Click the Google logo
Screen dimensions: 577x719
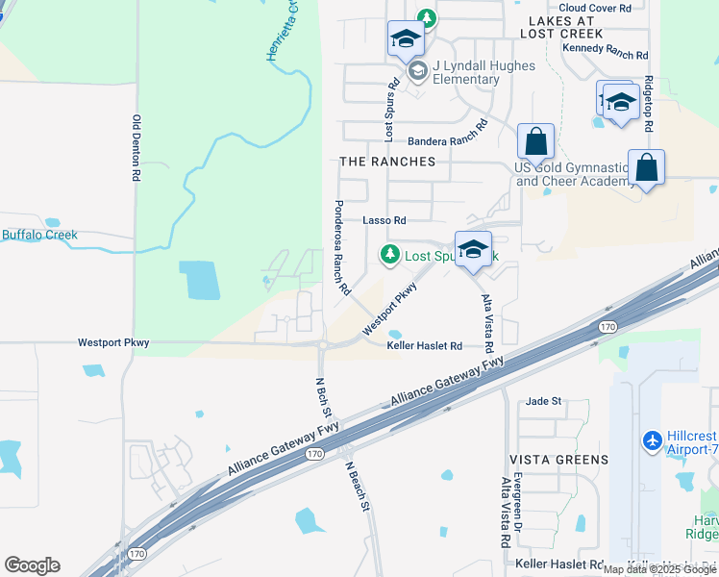click(x=32, y=565)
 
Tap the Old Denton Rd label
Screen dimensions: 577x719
click(x=136, y=149)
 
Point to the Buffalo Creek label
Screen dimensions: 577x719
click(x=39, y=235)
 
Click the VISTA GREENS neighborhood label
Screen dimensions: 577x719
click(x=558, y=460)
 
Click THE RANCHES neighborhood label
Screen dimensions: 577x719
click(x=387, y=162)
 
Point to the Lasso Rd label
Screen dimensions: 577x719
click(x=384, y=220)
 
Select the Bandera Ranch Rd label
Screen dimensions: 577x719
click(x=442, y=139)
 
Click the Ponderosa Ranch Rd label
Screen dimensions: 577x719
click(x=338, y=247)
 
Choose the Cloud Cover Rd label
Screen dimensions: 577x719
click(x=595, y=8)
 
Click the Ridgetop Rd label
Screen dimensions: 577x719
click(x=650, y=104)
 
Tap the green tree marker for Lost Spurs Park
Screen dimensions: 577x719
click(x=389, y=254)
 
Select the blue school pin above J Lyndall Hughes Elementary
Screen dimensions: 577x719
click(x=406, y=40)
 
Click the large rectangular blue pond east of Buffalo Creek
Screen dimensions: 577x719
click(x=199, y=280)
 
